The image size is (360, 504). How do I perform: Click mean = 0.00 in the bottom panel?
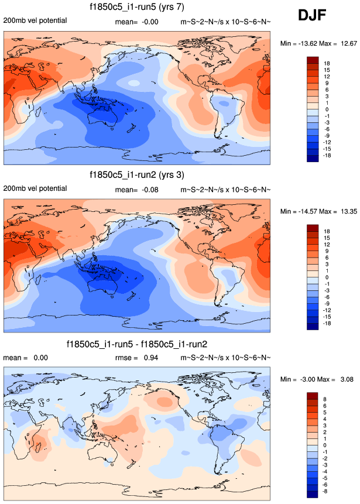point(24,357)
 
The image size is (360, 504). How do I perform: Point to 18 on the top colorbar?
point(327,63)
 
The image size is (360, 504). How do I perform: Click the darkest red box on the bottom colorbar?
point(312,397)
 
